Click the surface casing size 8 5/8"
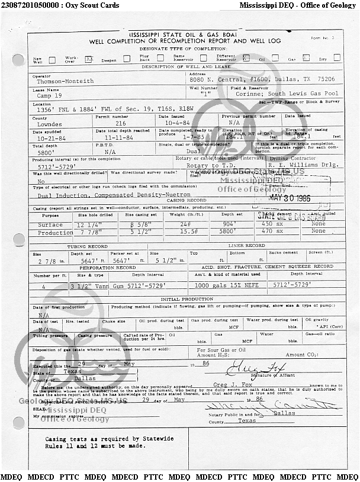(138, 225)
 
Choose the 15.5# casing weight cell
(187, 232)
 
